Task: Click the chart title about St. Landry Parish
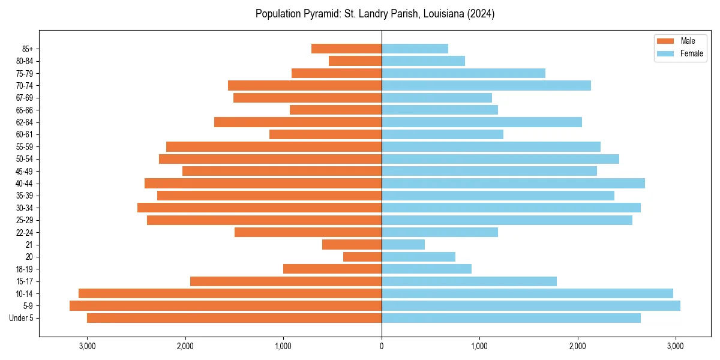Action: point(375,14)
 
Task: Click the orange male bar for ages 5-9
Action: point(226,306)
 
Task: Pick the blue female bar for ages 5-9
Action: point(531,306)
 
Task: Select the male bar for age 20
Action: point(362,257)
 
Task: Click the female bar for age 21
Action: point(403,245)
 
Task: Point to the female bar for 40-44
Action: point(513,184)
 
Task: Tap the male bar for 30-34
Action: point(259,208)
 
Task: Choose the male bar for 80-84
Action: point(355,61)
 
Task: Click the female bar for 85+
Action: point(415,49)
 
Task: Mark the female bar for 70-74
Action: point(486,85)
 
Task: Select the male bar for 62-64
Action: point(298,122)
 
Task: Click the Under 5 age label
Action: point(21,318)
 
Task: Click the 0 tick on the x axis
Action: point(382,346)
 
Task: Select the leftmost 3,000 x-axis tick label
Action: point(87,346)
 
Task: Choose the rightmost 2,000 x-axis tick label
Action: point(578,346)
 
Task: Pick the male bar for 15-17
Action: point(286,281)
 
